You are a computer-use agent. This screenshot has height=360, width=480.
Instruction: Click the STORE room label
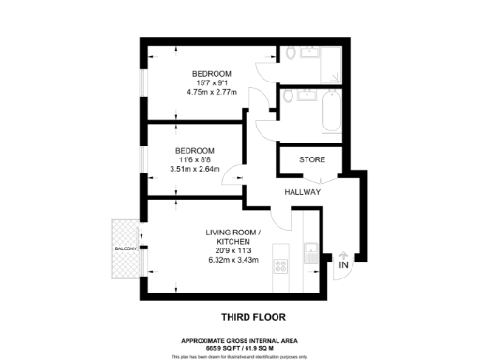pyautogui.click(x=312, y=159)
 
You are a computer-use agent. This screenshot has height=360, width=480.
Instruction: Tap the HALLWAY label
pyautogui.click(x=303, y=192)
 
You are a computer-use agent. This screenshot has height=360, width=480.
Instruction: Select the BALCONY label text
pyautogui.click(x=126, y=248)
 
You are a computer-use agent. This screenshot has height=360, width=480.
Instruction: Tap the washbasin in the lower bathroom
pyautogui.click(x=308, y=95)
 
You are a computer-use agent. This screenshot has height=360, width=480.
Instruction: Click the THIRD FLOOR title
pyautogui.click(x=253, y=318)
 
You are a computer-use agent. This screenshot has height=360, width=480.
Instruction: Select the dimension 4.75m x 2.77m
pyautogui.click(x=211, y=94)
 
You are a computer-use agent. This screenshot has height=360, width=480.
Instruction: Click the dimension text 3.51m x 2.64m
pyautogui.click(x=194, y=170)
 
